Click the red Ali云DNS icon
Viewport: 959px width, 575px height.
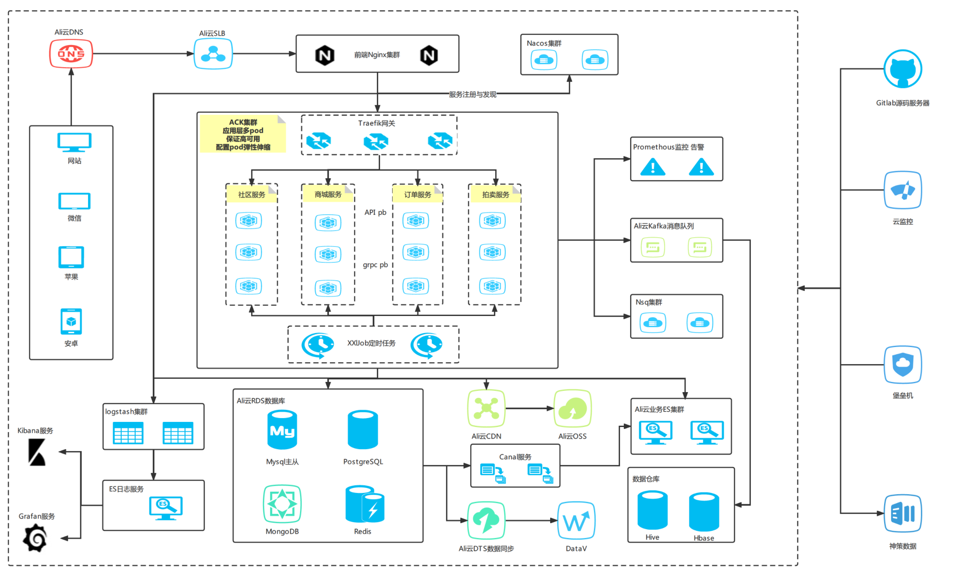[x=71, y=54]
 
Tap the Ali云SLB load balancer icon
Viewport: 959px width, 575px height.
[x=213, y=54]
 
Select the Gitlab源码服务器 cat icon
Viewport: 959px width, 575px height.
[x=902, y=69]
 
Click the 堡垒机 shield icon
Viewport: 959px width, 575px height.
[x=902, y=364]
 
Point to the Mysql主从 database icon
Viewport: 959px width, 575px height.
[x=282, y=430]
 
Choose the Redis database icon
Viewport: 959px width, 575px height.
[x=365, y=504]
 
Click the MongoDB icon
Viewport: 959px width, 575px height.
[x=282, y=504]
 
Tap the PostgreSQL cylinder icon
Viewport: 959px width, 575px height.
[x=362, y=430]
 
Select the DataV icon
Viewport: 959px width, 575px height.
[x=576, y=521]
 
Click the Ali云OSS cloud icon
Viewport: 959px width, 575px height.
[x=572, y=408]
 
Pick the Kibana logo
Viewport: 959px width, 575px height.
[x=37, y=452]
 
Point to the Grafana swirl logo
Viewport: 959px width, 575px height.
[x=35, y=538]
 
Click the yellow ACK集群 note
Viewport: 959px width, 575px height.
[x=243, y=134]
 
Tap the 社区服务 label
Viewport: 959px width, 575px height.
[x=251, y=194]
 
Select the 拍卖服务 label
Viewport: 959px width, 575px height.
[x=495, y=194]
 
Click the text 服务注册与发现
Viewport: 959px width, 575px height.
[x=472, y=94]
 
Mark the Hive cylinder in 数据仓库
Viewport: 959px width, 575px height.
[x=652, y=510]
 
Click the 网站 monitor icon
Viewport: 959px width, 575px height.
[x=74, y=142]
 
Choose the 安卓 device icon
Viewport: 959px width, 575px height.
[x=71, y=322]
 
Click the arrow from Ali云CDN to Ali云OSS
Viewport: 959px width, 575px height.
[x=529, y=408]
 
